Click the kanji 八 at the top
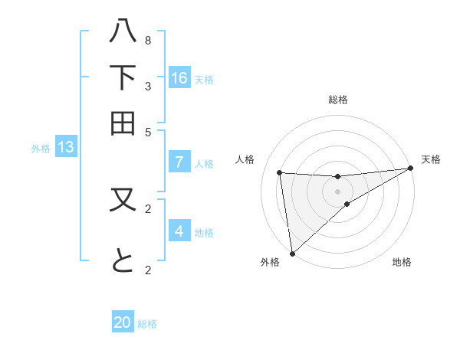click(123, 31)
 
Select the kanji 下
click(123, 77)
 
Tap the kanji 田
click(123, 123)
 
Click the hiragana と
click(123, 263)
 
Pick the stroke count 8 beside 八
click(148, 40)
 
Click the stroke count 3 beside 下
click(148, 86)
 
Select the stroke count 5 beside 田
click(148, 131)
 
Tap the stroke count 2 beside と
click(148, 270)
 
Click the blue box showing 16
click(179, 77)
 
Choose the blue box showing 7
click(179, 162)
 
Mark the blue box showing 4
click(179, 231)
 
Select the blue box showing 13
click(65, 148)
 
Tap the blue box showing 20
click(123, 322)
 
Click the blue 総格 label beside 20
click(147, 324)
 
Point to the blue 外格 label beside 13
click(41, 149)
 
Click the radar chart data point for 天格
click(410, 169)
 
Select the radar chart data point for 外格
click(292, 253)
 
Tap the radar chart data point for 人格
click(280, 172)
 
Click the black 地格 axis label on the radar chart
click(402, 263)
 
